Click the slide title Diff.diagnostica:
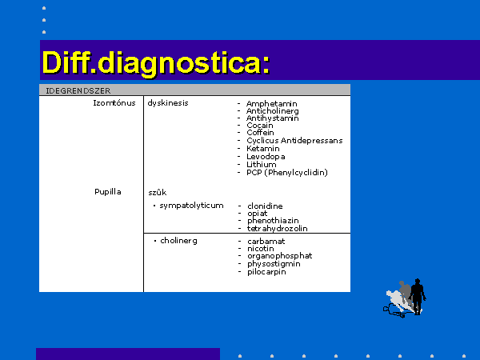pos(156,63)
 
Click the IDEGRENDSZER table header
pos(78,91)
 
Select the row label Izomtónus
pos(114,103)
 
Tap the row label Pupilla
pos(108,192)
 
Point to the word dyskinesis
pos(168,103)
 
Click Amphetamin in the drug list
pos(271,104)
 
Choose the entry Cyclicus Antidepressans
pos(294,141)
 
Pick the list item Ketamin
pos(263,149)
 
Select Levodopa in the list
pos(266,157)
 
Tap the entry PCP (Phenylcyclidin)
pos(287,173)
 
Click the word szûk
pos(158,193)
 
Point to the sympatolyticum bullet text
pos(192,206)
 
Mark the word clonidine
pos(265,206)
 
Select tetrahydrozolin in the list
pos(278,228)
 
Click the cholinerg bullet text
pos(178,241)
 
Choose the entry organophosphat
pos(280,256)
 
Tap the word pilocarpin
pos(266,272)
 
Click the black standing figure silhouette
pos(418,296)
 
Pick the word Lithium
pos(262,164)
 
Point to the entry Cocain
pos(260,126)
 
